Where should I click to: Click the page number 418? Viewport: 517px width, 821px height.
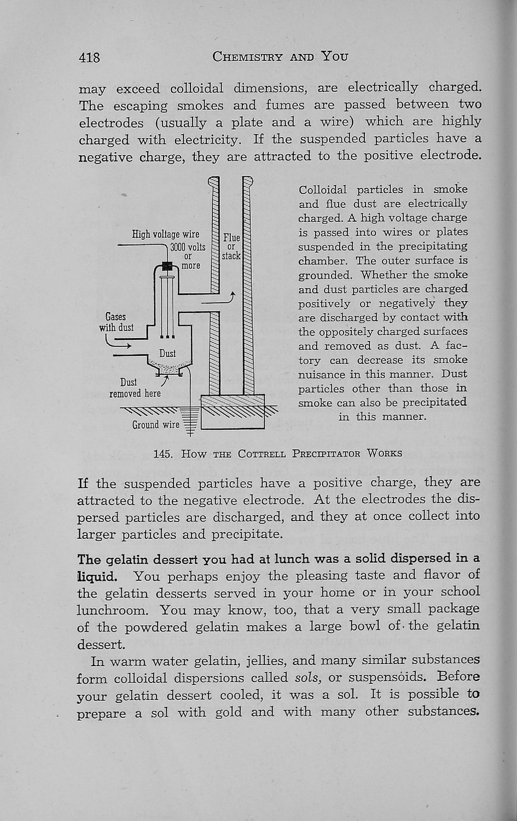89,56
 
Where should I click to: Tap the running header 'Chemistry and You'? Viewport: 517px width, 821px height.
281,56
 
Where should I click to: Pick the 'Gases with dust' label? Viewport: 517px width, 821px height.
115,322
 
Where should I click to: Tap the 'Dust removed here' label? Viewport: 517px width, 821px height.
135,388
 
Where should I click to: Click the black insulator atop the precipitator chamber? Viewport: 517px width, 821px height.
168,267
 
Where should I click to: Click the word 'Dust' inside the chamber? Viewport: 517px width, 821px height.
167,354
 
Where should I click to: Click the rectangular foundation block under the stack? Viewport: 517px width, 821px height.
233,412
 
